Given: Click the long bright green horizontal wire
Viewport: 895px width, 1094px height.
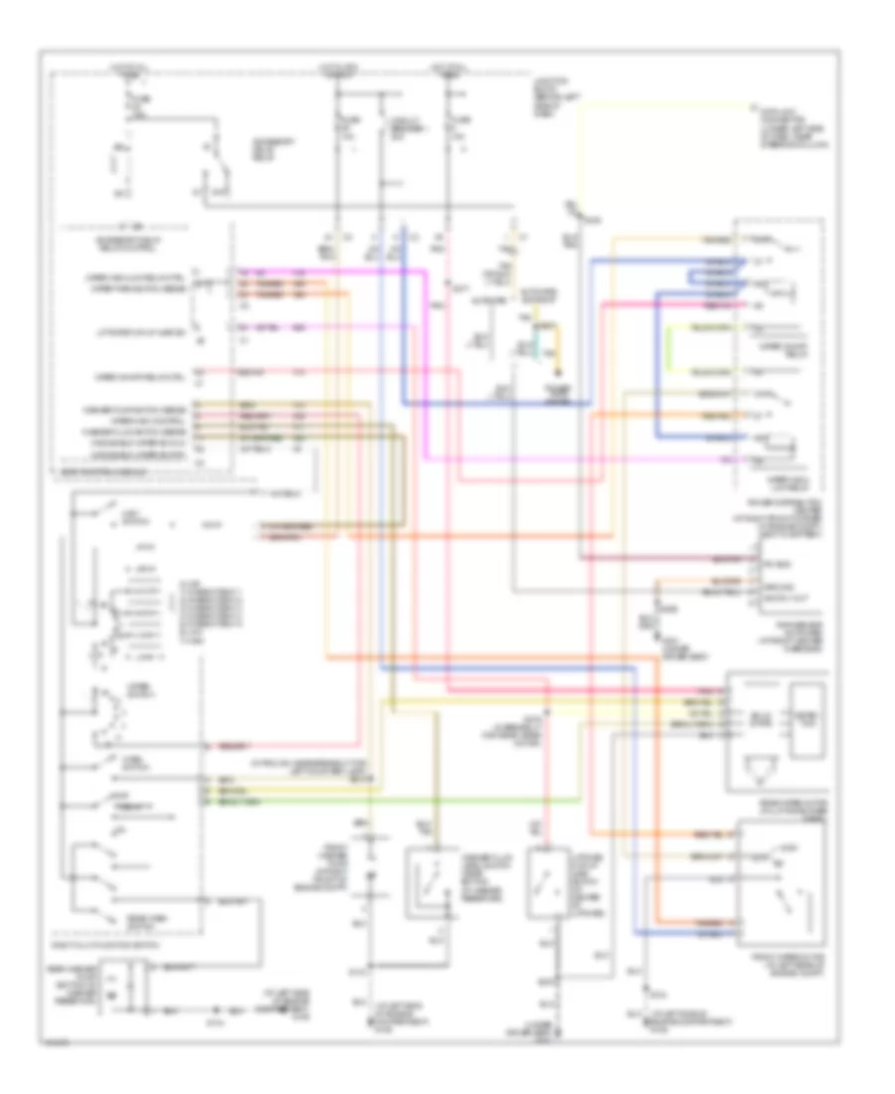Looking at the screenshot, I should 398,799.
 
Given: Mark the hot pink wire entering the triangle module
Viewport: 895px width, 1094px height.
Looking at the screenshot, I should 686,689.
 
